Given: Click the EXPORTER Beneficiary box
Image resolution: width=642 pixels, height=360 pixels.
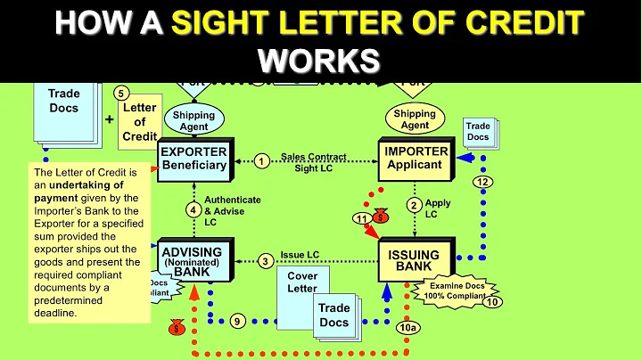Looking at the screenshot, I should tap(193, 160).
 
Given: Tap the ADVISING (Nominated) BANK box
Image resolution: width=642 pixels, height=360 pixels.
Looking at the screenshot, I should tap(191, 259).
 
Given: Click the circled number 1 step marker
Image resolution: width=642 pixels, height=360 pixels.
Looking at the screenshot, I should tap(261, 161).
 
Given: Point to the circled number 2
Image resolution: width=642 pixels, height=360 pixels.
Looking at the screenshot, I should tap(414, 205).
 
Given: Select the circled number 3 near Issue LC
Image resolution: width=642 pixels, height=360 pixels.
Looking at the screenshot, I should tap(265, 261).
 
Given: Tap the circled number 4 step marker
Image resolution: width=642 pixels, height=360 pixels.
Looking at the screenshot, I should tap(192, 210).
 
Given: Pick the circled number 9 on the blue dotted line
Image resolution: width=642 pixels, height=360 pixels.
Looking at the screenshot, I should tap(236, 320).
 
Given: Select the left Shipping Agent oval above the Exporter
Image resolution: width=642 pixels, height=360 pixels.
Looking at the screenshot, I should tap(193, 119).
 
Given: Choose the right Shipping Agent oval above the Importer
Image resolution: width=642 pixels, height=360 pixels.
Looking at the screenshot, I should tap(415, 119).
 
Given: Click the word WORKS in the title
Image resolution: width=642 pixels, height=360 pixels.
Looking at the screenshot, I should tap(320, 60).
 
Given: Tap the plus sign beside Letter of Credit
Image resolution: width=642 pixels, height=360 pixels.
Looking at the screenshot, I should tap(109, 119).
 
